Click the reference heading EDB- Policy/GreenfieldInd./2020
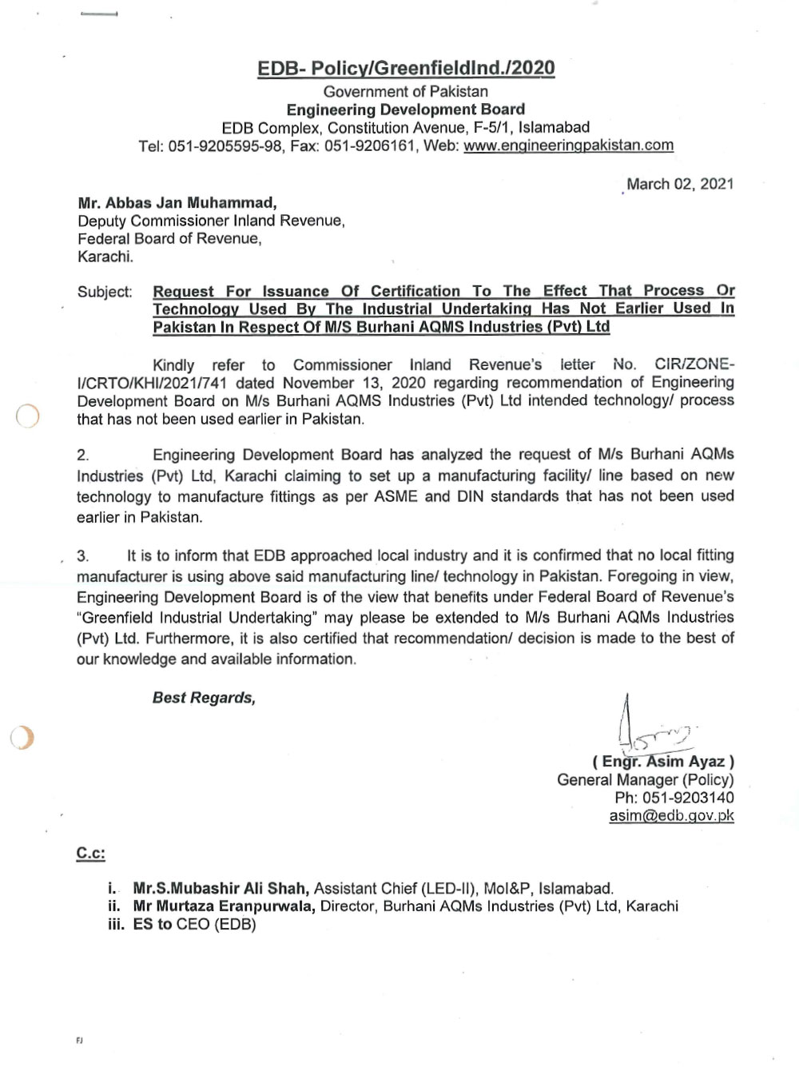[406, 68]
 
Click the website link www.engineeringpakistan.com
[568, 145]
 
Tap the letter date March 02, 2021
[680, 184]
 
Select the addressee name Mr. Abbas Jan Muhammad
[177, 203]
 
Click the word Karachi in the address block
[105, 257]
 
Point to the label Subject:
[105, 292]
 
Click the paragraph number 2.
[83, 456]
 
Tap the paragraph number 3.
[83, 556]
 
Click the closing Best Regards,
[204, 698]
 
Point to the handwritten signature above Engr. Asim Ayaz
[651, 727]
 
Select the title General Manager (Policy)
[645, 780]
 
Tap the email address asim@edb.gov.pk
[671, 816]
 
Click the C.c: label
[90, 854]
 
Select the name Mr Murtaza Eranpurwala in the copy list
[224, 906]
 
